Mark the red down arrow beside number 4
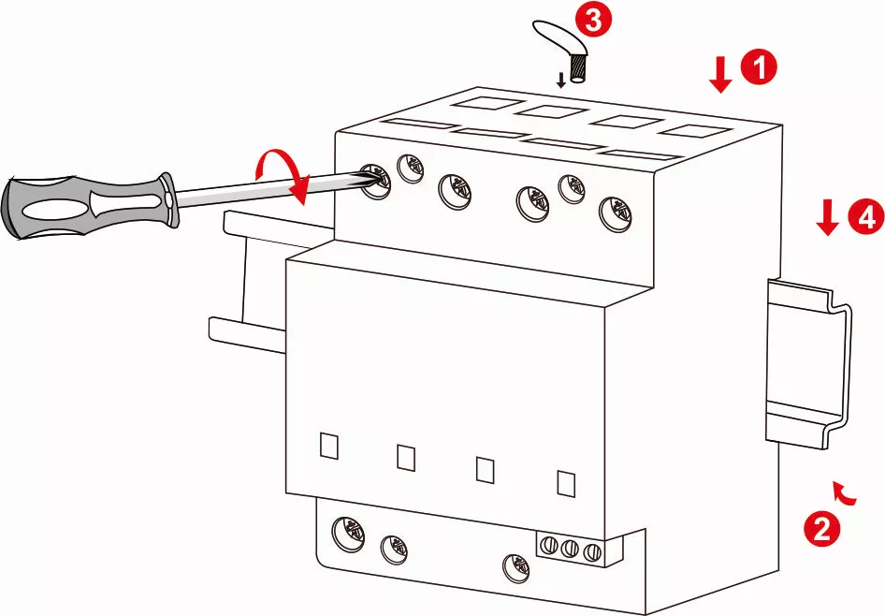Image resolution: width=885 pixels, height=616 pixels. [x=826, y=219]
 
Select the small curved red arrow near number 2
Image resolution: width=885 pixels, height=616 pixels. [x=845, y=492]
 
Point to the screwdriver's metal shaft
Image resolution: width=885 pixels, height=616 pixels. [x=262, y=189]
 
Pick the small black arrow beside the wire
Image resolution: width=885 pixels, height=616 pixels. [x=560, y=80]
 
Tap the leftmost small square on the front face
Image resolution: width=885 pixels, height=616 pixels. [x=328, y=445]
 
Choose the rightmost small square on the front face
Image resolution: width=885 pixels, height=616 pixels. [x=565, y=482]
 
